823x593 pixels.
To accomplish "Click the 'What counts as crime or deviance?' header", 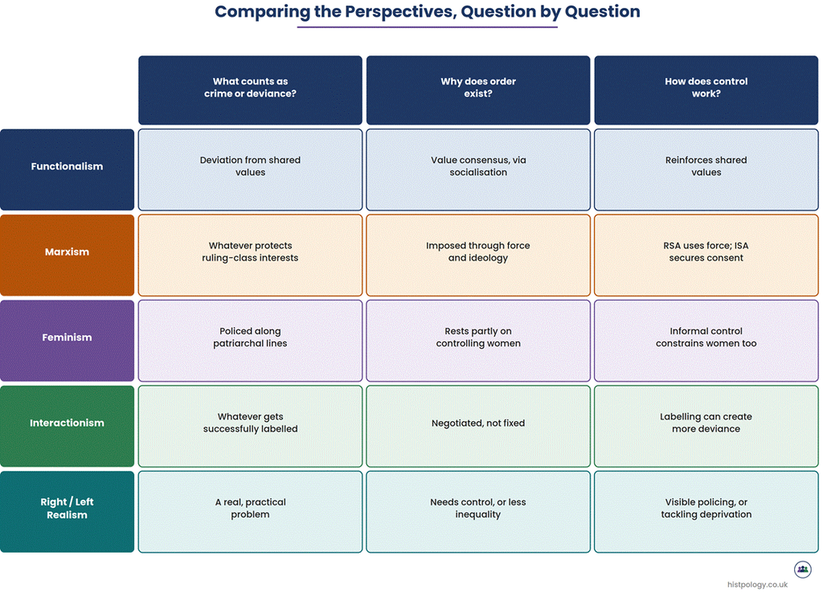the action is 251,90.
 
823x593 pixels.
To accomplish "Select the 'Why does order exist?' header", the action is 478,90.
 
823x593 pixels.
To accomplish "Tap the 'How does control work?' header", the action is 706,90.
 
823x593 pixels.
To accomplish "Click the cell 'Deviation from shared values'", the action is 251,170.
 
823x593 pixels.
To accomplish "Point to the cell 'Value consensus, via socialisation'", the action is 478,170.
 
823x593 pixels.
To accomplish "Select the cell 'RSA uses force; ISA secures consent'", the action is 706,255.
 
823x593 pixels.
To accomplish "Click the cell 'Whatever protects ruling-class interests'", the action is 251,255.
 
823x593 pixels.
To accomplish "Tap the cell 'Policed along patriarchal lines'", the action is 251,341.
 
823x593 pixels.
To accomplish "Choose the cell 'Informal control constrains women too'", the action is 706,341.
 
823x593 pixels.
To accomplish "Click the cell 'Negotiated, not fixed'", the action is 478,426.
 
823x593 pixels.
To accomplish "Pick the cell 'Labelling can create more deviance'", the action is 706,426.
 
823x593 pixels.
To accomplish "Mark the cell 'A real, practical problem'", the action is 251,512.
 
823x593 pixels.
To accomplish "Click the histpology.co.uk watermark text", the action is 757,585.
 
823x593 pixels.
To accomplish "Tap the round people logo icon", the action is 803,570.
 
